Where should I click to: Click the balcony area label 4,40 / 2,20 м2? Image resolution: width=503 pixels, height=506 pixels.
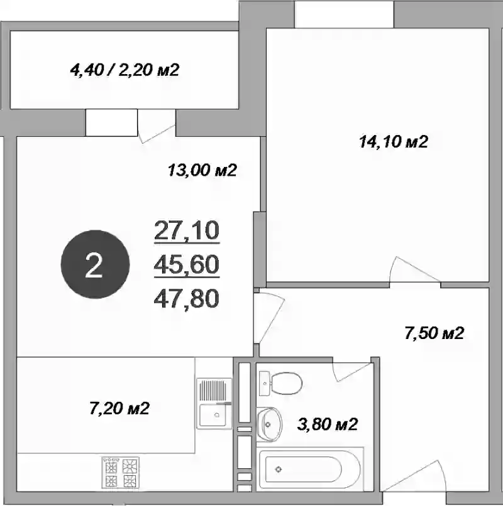pos(124,70)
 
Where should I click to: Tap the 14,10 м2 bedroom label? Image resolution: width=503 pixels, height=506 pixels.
pos(394,141)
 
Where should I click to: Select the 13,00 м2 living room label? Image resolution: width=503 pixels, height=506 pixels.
pos(202,170)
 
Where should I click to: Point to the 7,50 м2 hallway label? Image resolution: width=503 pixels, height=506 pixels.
pos(434,333)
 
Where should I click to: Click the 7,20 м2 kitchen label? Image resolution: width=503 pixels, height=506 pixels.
pos(119,408)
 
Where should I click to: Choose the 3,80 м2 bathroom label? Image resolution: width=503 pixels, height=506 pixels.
pos(328,424)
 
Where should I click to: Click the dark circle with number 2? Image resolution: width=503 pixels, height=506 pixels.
pos(95,264)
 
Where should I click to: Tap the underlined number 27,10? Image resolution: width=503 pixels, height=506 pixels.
pos(187,230)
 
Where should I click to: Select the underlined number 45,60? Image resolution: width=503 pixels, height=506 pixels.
pos(187,264)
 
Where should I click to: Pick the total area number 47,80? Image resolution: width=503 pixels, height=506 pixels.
pos(187,298)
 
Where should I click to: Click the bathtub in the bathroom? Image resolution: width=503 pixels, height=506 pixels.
pos(311,469)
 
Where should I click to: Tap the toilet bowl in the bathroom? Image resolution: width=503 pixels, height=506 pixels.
pos(281,383)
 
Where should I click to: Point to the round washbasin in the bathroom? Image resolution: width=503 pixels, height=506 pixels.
pos(269,424)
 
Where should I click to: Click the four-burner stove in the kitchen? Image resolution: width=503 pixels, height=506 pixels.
pos(121,471)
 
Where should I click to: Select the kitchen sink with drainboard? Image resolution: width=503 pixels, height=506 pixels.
pos(214,404)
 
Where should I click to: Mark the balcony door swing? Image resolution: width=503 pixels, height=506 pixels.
pos(156,126)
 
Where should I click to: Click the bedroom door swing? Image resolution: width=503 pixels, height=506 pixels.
pos(414,271)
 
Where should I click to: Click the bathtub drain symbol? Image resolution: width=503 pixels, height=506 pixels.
pos(279,469)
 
